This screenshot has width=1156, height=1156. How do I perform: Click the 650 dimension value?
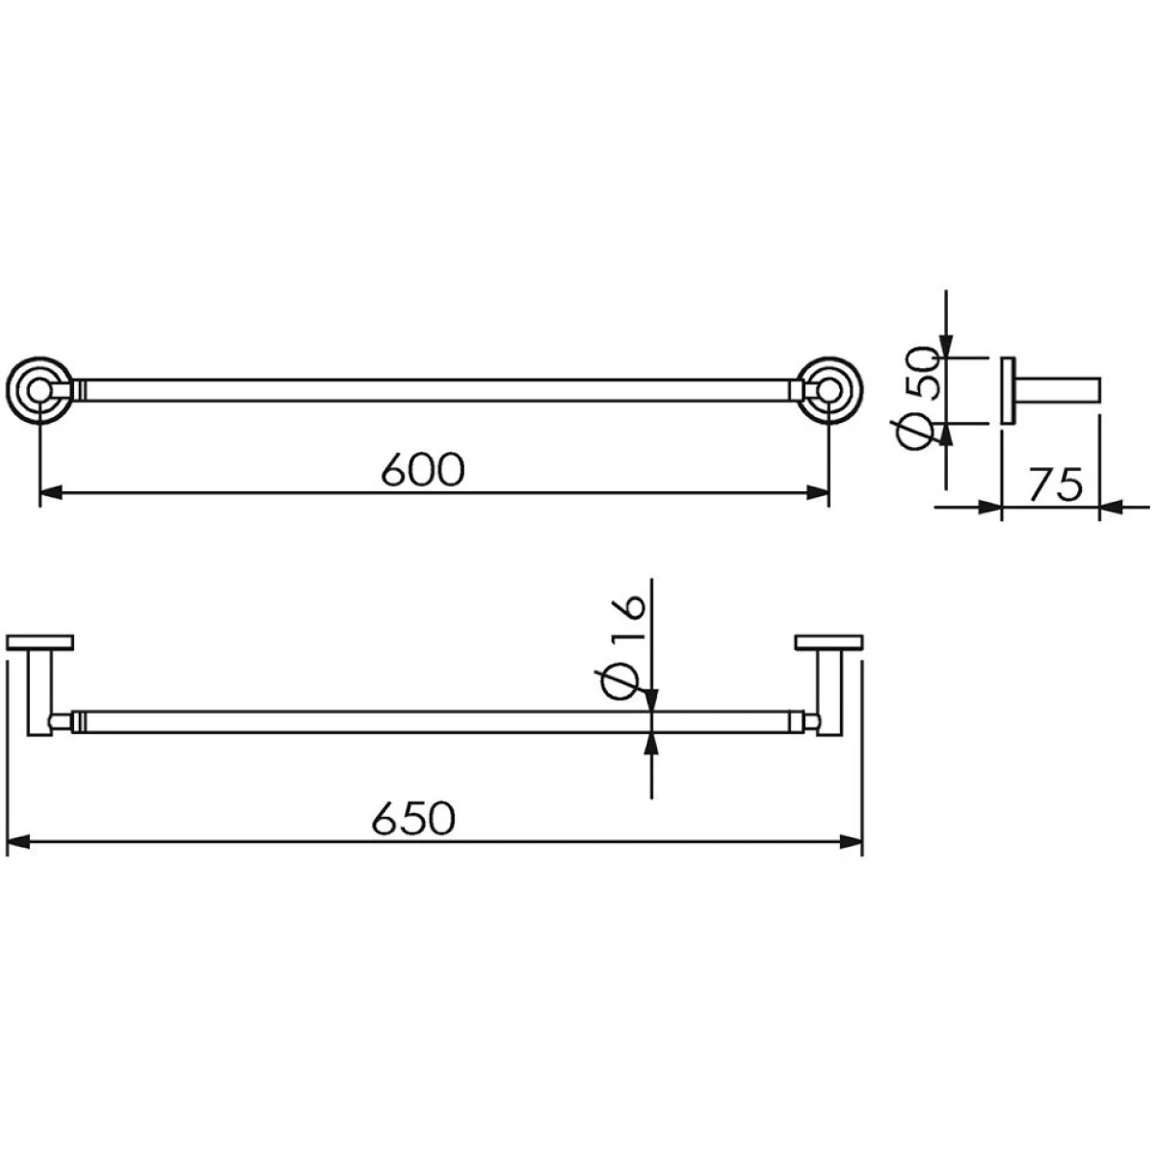point(414,818)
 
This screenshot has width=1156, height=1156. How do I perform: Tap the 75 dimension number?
point(1056,485)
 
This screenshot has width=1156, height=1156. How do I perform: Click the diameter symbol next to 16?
point(621,684)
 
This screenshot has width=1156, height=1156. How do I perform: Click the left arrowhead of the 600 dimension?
point(50,494)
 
